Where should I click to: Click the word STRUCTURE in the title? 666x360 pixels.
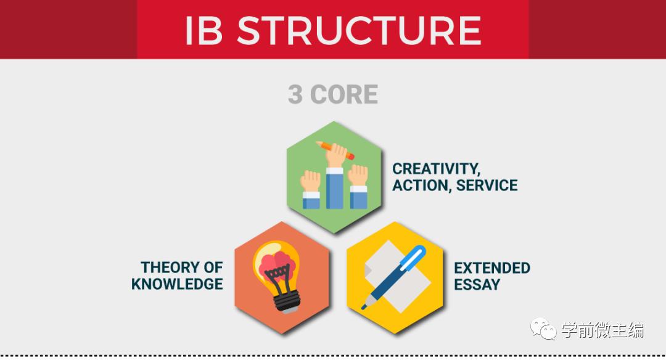tap(359, 30)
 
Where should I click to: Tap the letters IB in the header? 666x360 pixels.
tap(204, 31)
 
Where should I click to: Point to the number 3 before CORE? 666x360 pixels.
tap(295, 94)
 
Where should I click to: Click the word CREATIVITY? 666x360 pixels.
tap(436, 169)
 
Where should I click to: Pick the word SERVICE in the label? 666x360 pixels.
tap(487, 185)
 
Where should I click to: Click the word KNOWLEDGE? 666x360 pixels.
tap(177, 284)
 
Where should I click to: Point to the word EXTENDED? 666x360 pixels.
tap(492, 268)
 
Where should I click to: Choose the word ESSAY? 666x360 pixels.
tap(477, 284)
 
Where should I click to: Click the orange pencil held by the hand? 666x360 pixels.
tap(335, 150)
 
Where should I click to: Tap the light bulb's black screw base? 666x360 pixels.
tap(286, 302)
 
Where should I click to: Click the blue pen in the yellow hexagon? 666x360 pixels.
tap(393, 277)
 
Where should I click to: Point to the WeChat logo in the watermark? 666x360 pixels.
tap(543, 329)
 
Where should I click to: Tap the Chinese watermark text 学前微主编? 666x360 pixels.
tap(602, 330)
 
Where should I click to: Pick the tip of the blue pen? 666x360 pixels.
tap(363, 308)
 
